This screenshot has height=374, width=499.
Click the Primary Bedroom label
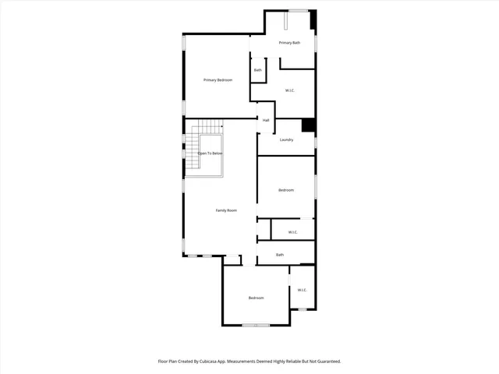pos(218,80)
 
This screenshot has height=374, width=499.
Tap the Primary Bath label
pos(290,43)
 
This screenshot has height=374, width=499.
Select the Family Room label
pos(226,210)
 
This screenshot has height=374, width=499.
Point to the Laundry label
pos(286,140)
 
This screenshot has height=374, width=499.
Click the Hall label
pos(266,121)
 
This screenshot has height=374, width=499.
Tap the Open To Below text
pos(210,153)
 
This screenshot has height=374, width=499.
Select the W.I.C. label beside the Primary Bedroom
pos(290,91)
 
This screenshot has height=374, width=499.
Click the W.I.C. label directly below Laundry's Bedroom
pos(292,232)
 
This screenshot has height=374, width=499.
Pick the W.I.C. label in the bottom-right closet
pos(302,291)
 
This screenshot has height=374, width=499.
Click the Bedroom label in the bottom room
pos(257,298)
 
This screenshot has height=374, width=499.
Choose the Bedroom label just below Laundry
pos(286,190)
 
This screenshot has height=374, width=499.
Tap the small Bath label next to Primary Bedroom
pos(258,70)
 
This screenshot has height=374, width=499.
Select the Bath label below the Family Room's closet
pos(280,255)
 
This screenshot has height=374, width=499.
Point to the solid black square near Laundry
pos(308,125)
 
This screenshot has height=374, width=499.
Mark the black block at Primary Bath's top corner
pos(313,19)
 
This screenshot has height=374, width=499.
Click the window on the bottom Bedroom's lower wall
pos(255,325)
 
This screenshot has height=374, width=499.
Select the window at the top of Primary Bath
pos(297,10)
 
